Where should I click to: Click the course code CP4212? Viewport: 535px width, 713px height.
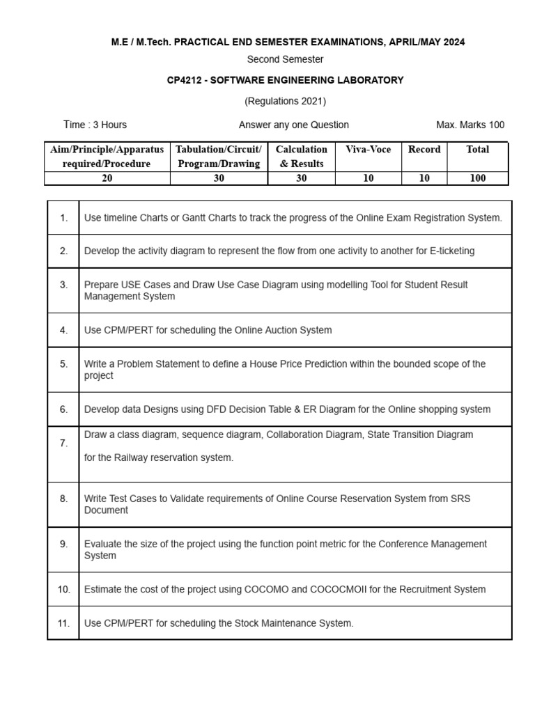tap(184, 80)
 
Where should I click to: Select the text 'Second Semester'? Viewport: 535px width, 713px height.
tap(285, 59)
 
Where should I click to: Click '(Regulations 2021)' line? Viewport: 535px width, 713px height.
tap(285, 101)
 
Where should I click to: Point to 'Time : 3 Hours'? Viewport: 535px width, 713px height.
tap(95, 125)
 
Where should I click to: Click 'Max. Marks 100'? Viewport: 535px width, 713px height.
tap(470, 125)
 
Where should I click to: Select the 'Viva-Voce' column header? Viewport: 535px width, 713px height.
tap(369, 150)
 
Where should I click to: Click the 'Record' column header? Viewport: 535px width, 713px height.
tap(424, 150)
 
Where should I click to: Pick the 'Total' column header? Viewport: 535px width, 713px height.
tap(478, 150)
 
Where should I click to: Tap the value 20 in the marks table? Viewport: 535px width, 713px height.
tap(107, 178)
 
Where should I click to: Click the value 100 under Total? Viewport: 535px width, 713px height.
tap(478, 178)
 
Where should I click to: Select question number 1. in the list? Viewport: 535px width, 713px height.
tap(63, 218)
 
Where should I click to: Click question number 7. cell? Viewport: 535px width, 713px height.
tap(63, 443)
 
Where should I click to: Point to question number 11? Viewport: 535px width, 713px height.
tap(63, 623)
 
